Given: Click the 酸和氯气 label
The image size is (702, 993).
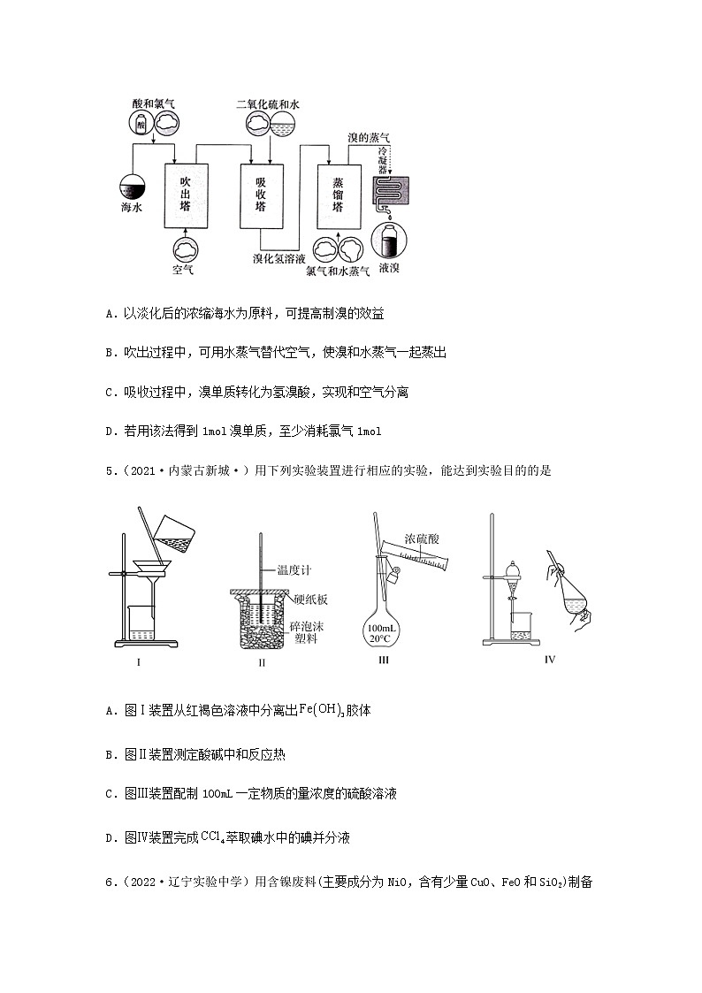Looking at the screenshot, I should (153, 103).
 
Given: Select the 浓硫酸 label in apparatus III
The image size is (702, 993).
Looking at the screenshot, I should (423, 537).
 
